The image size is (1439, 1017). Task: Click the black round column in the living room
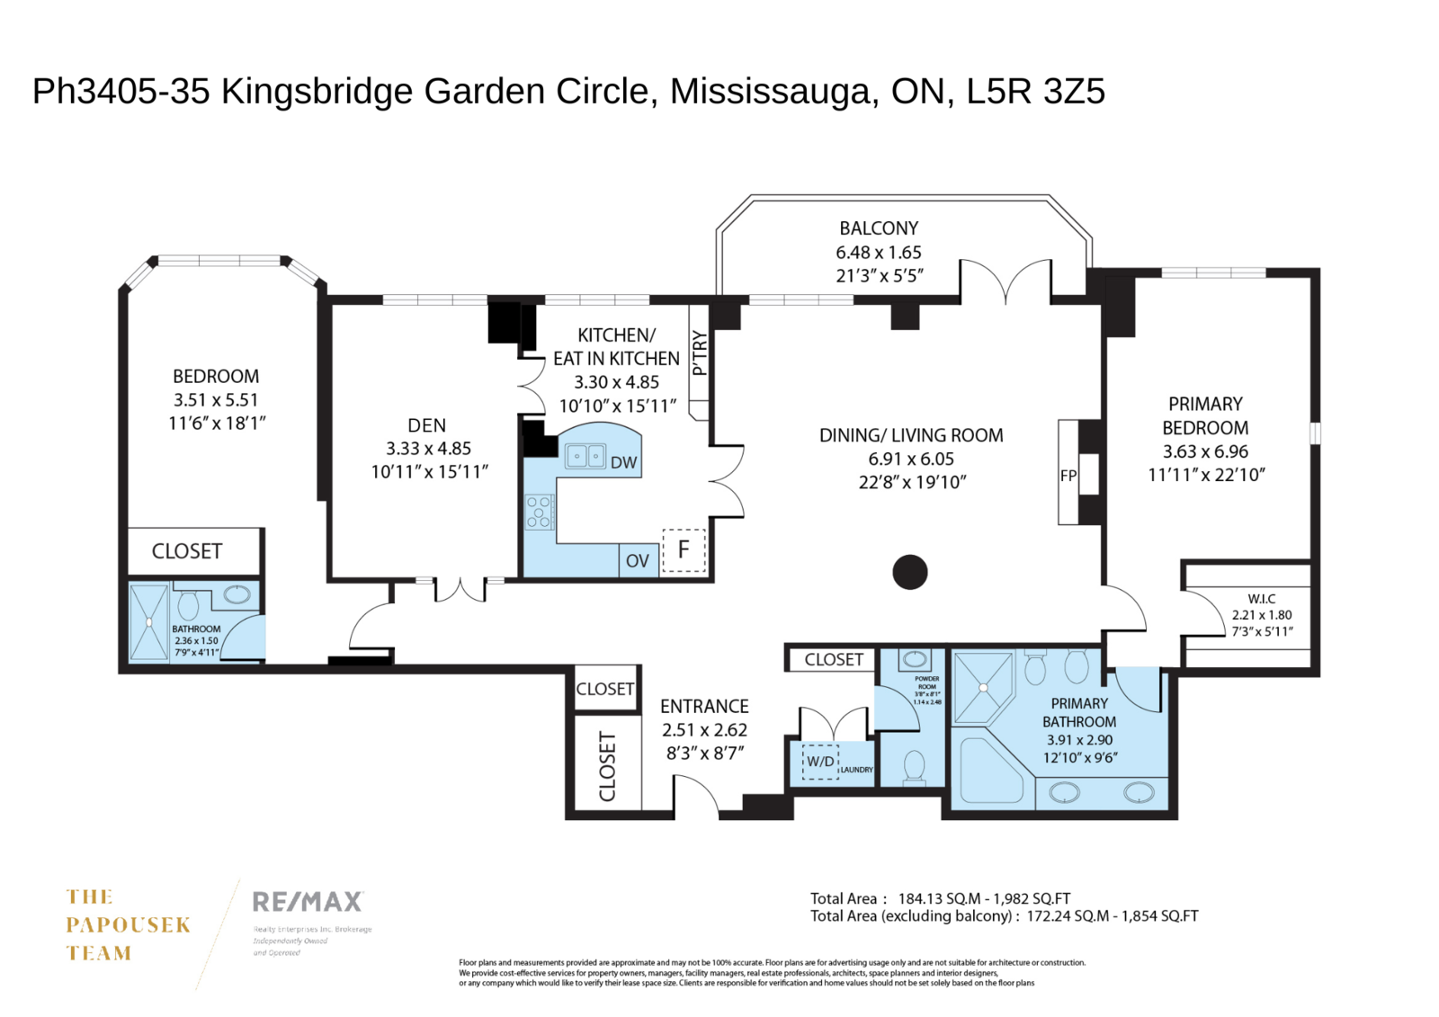pyautogui.click(x=909, y=572)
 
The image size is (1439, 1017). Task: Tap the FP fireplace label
pyautogui.click(x=1068, y=476)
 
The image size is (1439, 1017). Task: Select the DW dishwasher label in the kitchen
pyautogui.click(x=623, y=463)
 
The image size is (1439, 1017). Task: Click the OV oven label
pyautogui.click(x=637, y=561)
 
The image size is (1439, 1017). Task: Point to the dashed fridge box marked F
pyautogui.click(x=684, y=549)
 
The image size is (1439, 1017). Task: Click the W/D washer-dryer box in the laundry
pyautogui.click(x=819, y=761)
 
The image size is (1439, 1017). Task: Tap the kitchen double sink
pyautogui.click(x=585, y=456)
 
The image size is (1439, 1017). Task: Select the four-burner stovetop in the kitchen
pyautogui.click(x=539, y=512)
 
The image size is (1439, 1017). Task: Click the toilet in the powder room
pyautogui.click(x=915, y=766)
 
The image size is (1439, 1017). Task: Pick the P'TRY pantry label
pyautogui.click(x=700, y=353)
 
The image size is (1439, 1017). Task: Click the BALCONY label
pyautogui.click(x=879, y=228)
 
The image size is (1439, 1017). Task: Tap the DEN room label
pyautogui.click(x=426, y=425)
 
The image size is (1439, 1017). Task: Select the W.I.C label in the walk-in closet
pyautogui.click(x=1261, y=598)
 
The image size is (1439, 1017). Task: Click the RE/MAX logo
pyautogui.click(x=308, y=901)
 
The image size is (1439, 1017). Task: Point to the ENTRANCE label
pyautogui.click(x=704, y=707)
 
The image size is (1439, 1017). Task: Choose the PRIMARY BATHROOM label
pyautogui.click(x=1079, y=712)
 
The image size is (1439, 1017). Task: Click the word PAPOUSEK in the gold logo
pyautogui.click(x=129, y=925)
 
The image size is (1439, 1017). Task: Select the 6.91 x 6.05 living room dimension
pyautogui.click(x=910, y=459)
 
